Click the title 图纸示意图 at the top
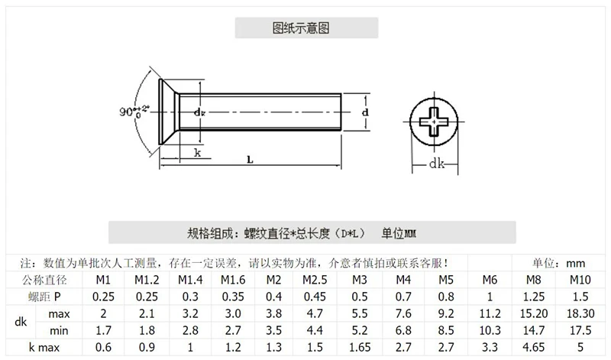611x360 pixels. [301, 28]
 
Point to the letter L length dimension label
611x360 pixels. [251, 160]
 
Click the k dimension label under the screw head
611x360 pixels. [198, 153]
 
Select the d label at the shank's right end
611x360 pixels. [365, 112]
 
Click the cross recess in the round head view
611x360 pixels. [434, 121]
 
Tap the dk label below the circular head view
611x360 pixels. [436, 164]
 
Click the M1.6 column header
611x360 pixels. [233, 280]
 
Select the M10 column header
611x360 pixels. [580, 280]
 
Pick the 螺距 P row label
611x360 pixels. [44, 297]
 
